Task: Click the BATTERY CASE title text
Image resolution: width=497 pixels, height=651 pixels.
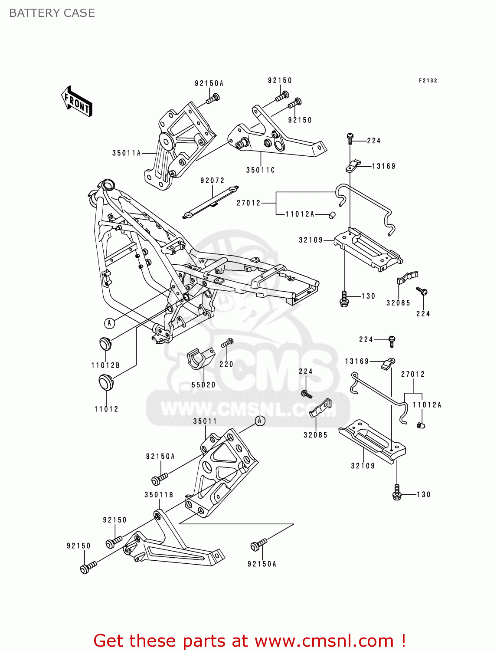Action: (52, 13)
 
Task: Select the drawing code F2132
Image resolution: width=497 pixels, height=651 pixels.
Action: (428, 81)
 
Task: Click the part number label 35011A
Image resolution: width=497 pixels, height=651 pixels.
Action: (126, 153)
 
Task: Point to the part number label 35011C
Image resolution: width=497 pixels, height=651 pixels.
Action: (260, 170)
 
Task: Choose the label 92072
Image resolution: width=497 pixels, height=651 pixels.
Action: (212, 181)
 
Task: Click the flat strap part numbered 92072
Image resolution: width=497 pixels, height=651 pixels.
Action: (211, 202)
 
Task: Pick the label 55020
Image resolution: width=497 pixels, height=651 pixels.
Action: (203, 385)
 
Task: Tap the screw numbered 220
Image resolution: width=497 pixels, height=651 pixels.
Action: (227, 343)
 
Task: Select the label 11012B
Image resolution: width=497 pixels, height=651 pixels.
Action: (105, 365)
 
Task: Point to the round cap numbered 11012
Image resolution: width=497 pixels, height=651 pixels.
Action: (106, 382)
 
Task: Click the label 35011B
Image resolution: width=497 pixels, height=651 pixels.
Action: (159, 495)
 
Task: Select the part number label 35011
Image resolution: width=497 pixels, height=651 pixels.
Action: (205, 421)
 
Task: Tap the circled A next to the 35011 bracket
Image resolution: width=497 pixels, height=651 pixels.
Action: (260, 421)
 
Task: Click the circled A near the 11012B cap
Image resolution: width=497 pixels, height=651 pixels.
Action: (109, 323)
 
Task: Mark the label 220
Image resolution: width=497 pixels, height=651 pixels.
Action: (226, 365)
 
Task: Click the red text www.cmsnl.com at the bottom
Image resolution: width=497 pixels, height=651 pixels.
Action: (324, 641)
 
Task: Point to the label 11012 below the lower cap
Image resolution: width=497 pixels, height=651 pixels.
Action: (106, 409)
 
